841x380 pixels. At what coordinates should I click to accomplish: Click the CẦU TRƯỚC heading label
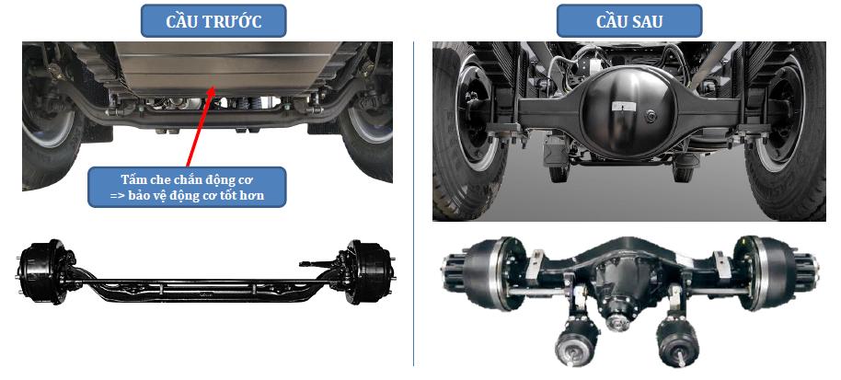click(213, 21)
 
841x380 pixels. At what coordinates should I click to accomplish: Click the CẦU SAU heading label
click(629, 21)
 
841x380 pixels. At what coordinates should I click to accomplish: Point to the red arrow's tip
click(214, 86)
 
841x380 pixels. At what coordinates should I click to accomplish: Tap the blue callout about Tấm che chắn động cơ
click(187, 187)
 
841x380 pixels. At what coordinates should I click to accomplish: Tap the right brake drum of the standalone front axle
click(371, 271)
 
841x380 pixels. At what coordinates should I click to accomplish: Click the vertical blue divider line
click(413, 203)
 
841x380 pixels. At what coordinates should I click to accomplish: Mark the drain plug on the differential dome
click(650, 114)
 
